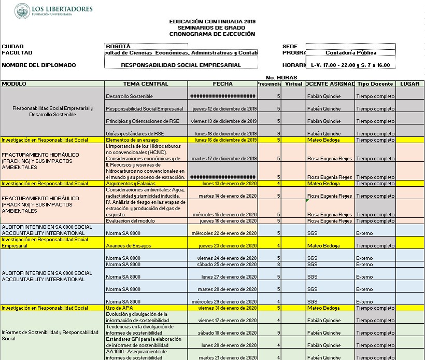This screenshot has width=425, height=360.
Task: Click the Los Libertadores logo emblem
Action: pyautogui.click(x=22, y=10)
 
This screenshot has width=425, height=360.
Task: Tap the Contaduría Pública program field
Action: pyautogui.click(x=351, y=52)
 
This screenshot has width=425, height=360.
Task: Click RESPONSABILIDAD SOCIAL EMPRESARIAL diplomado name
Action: pyautogui.click(x=181, y=65)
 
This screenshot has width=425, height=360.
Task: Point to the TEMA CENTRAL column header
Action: pyautogui.click(x=146, y=84)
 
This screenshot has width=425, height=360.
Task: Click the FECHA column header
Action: pyautogui.click(x=223, y=84)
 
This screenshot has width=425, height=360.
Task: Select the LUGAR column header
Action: pyautogui.click(x=409, y=84)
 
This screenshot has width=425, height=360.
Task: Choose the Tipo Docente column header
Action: pyautogui.click(x=375, y=84)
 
